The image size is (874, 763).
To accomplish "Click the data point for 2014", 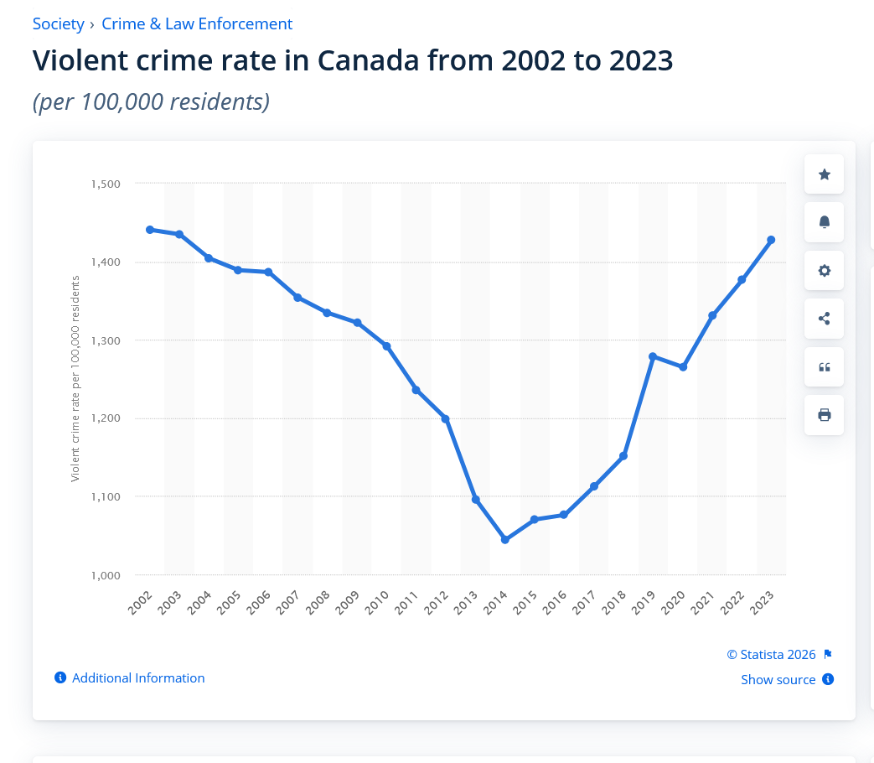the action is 505,539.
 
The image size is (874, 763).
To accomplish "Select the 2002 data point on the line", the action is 150,230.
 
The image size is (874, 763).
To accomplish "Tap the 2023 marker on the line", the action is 772,240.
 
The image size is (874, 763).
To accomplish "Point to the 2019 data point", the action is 653,356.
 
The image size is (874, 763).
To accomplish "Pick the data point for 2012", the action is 445,419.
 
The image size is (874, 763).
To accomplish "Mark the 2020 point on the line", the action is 683,367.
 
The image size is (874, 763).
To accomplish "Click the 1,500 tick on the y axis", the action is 106,184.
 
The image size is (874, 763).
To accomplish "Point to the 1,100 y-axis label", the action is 106,496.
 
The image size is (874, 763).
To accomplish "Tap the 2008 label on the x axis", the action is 318,602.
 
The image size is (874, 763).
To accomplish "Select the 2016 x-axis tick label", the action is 555,602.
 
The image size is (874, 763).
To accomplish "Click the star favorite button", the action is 824,174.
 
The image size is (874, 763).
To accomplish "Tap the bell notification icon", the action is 824,222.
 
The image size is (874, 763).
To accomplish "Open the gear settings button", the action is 824,271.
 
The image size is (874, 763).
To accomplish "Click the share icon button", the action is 824,319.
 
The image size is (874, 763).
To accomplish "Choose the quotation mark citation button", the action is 824,367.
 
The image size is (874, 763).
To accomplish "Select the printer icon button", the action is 824,415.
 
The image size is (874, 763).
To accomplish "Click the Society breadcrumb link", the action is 58,24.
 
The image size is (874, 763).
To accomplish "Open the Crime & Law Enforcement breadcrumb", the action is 197,24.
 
